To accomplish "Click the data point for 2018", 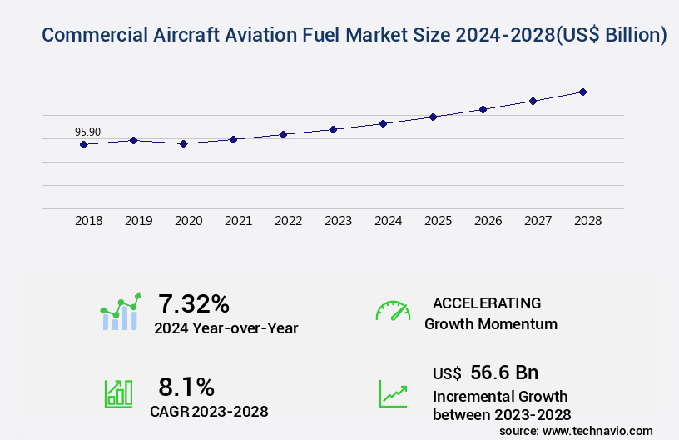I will [83, 144].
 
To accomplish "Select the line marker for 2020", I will [183, 143].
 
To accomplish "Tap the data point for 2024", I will [383, 123].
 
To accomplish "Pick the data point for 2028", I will [582, 92].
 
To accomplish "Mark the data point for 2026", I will [483, 109].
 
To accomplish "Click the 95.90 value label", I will [87, 132].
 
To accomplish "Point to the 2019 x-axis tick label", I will [139, 221].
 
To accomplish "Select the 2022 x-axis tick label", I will [289, 221].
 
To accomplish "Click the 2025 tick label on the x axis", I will [439, 221].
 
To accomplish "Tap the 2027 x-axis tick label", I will [538, 221].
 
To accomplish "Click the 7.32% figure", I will [194, 303].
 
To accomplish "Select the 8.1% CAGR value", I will [186, 387].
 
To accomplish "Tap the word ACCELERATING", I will [487, 303].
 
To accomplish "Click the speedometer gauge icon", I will [393, 312].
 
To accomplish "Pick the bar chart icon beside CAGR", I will [118, 393].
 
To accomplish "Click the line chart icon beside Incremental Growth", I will [393, 393].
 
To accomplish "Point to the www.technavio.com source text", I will [597, 430].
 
